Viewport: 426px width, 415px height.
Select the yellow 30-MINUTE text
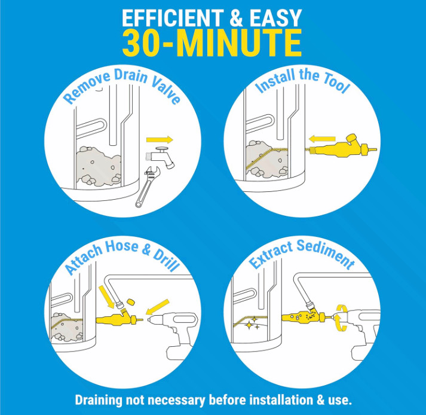212,43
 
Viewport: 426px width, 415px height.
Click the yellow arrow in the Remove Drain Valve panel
160,140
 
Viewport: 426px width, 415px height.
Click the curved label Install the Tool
302,84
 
